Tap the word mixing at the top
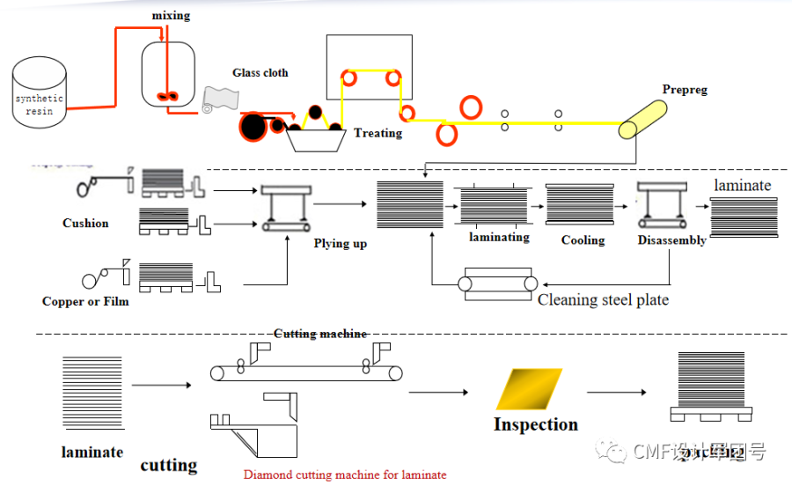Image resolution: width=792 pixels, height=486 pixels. (170, 16)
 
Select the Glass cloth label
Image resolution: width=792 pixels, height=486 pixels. (260, 73)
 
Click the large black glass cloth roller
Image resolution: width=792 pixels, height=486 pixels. (253, 128)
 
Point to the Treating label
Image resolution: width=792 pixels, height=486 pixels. (378, 133)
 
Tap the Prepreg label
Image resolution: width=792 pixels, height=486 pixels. (685, 90)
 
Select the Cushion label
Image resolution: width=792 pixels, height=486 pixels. (85, 224)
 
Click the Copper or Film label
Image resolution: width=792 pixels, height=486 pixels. (85, 301)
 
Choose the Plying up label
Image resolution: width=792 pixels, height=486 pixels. (340, 243)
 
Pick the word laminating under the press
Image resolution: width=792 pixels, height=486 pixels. (499, 237)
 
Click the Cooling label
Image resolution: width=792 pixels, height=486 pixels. (583, 240)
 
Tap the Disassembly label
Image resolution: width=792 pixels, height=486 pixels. (672, 240)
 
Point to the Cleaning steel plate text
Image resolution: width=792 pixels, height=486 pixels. (603, 300)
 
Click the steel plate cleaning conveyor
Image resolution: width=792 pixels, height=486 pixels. (498, 283)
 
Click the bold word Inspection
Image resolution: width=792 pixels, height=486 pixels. (535, 424)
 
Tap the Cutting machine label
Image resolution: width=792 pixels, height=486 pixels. (320, 334)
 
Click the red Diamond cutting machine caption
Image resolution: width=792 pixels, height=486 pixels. (345, 475)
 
